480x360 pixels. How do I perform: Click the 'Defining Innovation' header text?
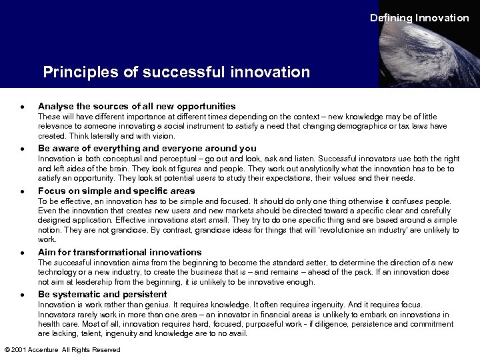(x=419, y=18)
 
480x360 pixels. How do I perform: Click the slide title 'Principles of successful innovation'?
(x=177, y=71)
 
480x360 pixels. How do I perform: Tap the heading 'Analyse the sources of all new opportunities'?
(x=137, y=106)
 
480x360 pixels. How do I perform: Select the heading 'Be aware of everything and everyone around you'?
(x=147, y=148)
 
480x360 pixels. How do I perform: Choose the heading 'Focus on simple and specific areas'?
(x=117, y=190)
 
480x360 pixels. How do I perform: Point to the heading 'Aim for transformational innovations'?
(x=120, y=252)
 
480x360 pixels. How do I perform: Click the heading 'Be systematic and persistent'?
(x=103, y=294)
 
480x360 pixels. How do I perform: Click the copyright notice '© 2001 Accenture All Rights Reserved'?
(x=62, y=350)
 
